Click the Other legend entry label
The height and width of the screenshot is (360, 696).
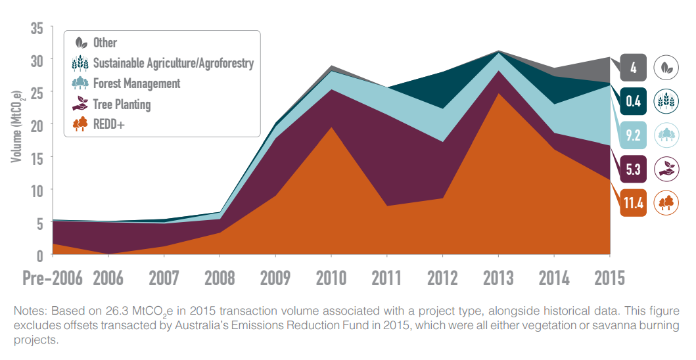point(105,43)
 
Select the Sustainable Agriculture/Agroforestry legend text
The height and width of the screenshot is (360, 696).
point(173,63)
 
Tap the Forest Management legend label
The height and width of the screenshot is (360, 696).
point(137,83)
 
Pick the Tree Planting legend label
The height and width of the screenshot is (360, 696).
point(122,104)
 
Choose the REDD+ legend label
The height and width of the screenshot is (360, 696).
point(108,124)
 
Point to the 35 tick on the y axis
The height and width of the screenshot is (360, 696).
point(36,29)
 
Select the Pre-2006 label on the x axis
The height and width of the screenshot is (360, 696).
point(53,278)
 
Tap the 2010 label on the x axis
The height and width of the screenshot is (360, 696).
point(331,278)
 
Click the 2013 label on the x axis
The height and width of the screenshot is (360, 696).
point(499,278)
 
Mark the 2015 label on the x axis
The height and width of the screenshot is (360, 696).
point(609,278)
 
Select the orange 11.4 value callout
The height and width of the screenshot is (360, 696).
point(634,203)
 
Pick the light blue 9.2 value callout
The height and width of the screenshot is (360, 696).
point(634,135)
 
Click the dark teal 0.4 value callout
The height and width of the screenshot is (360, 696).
point(634,101)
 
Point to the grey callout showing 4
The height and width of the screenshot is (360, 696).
point(634,67)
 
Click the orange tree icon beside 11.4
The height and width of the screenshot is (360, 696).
point(667,203)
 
